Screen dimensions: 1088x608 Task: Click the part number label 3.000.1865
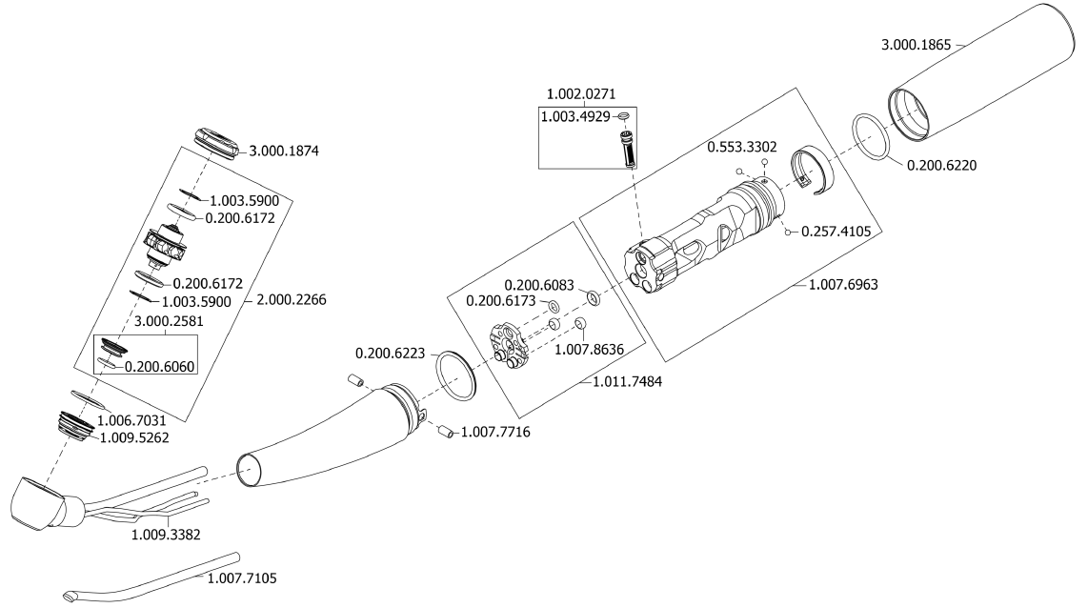(916, 45)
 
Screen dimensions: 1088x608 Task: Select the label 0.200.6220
(941, 165)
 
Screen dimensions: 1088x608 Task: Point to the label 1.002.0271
(581, 93)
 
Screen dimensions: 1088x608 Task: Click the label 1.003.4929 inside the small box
(575, 116)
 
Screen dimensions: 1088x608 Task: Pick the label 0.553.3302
(742, 147)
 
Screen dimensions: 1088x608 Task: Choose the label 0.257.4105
(836, 232)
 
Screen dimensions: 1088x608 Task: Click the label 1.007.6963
(843, 285)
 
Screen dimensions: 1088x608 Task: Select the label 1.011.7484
(627, 382)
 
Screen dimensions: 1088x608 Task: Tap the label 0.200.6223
(390, 354)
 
